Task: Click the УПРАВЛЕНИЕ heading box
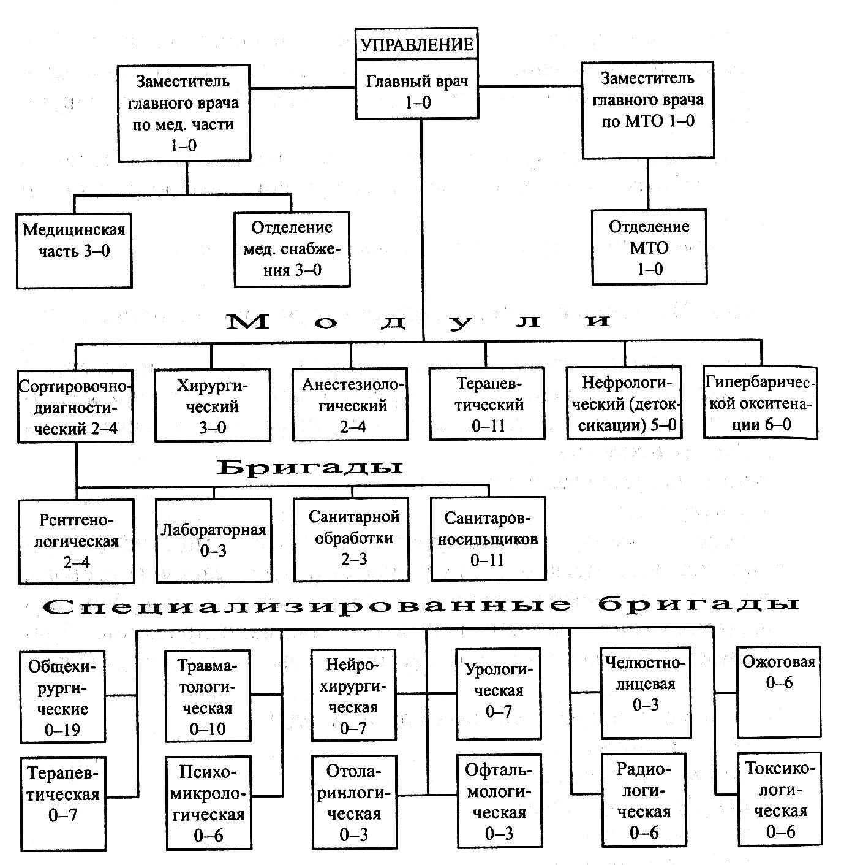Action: pos(417,44)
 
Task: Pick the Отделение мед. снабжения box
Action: pos(292,248)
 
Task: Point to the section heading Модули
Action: pos(419,321)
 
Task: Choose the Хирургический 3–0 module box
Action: pos(213,405)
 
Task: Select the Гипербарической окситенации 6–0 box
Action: pos(760,403)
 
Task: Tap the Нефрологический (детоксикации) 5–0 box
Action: pos(624,403)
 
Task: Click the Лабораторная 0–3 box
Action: pos(213,539)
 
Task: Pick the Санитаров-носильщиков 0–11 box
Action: pos(488,539)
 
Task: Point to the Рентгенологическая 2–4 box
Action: pos(77,541)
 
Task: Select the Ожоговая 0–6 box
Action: pos(778,692)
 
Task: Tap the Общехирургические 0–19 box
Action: pos(63,698)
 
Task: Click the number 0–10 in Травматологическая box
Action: pos(208,729)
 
